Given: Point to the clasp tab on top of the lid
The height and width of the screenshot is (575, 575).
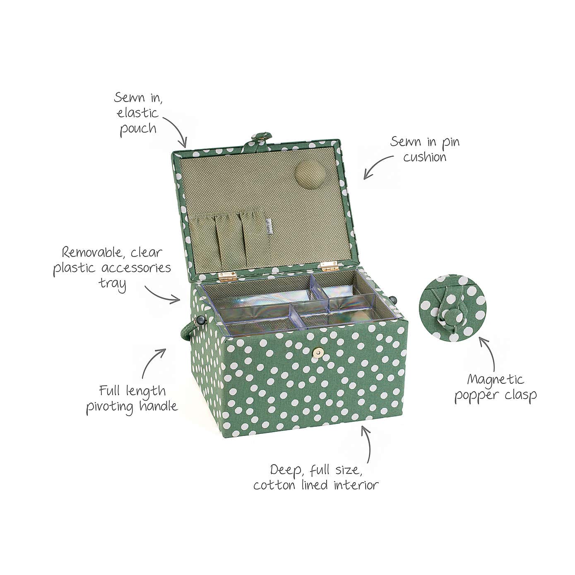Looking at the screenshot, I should [x=257, y=139].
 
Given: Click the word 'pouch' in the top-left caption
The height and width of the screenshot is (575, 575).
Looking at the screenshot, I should [x=138, y=129].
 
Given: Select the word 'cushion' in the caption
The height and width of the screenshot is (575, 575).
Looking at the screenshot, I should [x=425, y=157].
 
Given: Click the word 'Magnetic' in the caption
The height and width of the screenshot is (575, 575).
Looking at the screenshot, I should [x=495, y=379].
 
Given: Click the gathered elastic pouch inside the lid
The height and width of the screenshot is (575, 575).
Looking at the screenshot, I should [x=224, y=236].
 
